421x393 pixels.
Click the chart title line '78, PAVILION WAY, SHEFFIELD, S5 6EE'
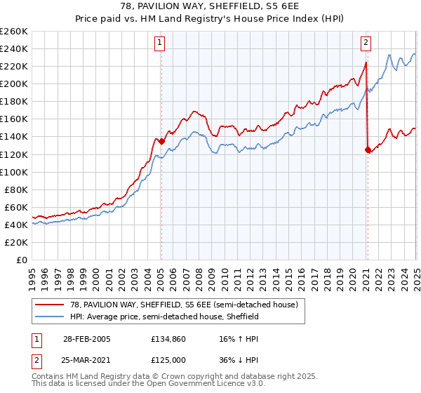pos(210,6)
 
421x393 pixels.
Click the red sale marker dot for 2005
pos(161,141)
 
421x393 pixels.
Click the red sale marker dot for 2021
pos(367,149)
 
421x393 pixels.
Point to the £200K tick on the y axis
pos(15,84)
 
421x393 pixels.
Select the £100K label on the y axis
pos(15,172)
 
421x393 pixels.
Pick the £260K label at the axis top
pos(15,31)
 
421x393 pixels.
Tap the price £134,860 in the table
pos(170,338)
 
